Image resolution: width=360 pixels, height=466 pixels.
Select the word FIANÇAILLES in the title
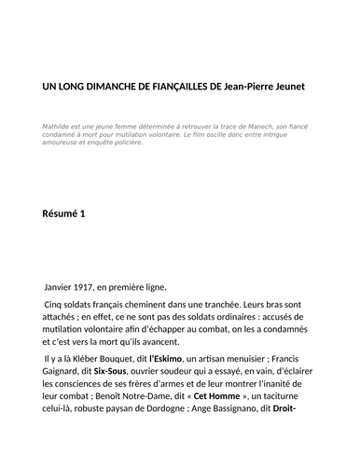177,87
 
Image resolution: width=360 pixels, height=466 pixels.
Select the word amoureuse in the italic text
62,144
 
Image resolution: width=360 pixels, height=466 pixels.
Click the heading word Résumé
60,213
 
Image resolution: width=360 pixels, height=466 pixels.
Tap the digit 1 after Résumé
83,213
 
